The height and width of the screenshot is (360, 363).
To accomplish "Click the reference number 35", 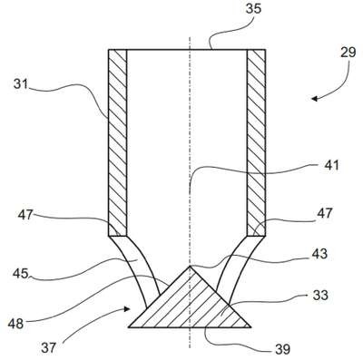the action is tap(253, 9).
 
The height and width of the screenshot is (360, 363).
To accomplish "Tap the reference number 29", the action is tap(348, 53).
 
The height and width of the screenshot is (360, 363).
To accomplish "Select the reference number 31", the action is tap(21, 84).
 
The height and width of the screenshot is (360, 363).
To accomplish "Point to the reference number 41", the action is tap(332, 165).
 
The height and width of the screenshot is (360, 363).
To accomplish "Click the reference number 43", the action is tap(319, 254).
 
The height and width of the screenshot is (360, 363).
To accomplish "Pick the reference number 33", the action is tap(320, 295).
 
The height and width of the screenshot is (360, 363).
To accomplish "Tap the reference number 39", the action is tap(282, 349).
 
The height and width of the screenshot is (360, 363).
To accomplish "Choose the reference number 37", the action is tap(49, 348).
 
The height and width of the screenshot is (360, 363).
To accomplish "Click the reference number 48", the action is tap(15, 324).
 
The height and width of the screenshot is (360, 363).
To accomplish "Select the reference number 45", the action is tap(21, 274).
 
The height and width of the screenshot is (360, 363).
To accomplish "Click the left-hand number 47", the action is tap(25, 215).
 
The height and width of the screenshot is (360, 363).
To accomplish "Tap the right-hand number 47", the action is tap(325, 213).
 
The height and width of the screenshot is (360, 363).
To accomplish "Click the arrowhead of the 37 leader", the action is tap(127, 309).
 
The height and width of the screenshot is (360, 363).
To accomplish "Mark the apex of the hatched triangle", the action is tap(190, 267).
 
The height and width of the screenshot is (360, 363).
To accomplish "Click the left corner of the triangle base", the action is tap(129, 327).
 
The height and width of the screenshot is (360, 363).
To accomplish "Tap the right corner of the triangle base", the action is tap(250, 327).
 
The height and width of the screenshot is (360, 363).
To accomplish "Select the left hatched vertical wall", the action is tap(117, 142).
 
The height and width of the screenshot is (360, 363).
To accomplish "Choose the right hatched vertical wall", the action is tap(257, 142).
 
